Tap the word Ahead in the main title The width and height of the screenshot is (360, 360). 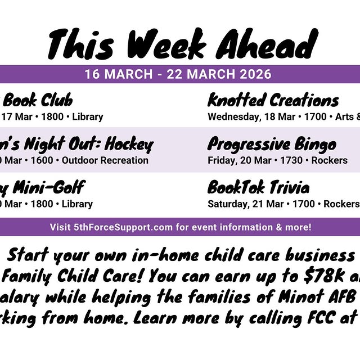[x=265, y=44]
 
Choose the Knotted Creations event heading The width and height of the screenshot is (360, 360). [x=273, y=101]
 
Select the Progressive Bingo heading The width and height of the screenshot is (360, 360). [x=272, y=145]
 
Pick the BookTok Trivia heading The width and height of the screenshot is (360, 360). [x=258, y=187]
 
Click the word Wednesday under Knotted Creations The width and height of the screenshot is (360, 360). [x=231, y=117]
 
